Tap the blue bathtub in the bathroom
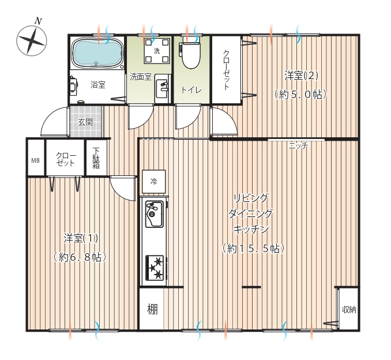97,52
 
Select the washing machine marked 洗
157,51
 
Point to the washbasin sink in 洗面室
162,89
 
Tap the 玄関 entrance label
85,122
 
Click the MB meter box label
35,160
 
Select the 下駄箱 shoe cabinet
96,157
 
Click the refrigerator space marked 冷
153,181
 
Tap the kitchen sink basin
155,214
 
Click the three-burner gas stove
155,268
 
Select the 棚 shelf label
152,309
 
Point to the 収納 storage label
349,310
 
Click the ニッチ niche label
298,145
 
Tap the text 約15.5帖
253,249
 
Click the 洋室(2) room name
301,76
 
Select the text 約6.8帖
80,257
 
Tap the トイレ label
191,89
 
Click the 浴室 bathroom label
98,85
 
